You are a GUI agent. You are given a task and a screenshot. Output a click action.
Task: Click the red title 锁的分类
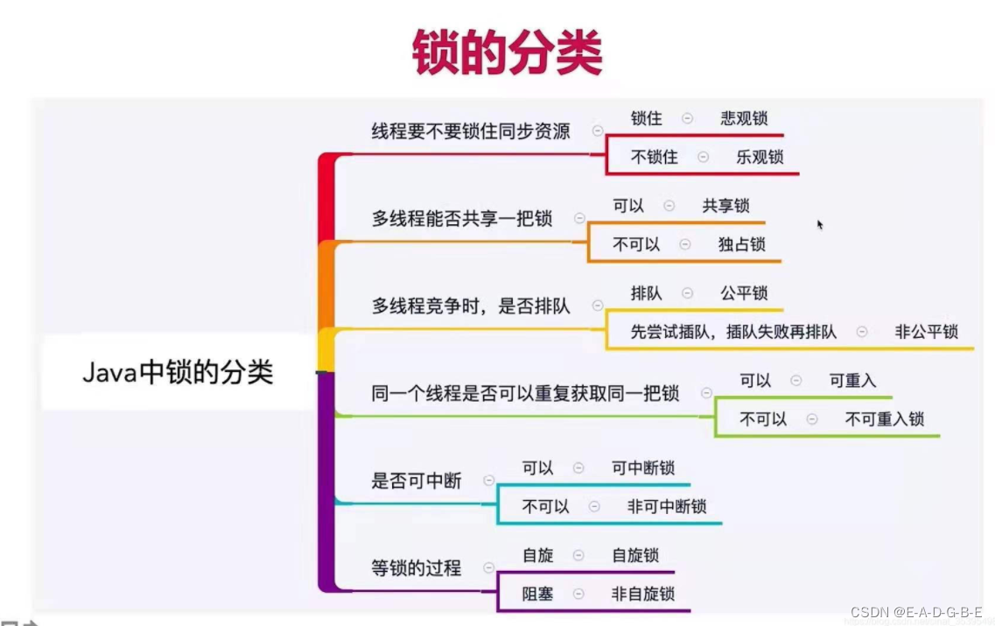[x=507, y=53]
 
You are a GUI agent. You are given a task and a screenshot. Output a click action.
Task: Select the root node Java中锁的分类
[x=178, y=372]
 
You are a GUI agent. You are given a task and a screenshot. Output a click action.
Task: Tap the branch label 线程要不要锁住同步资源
[x=471, y=131]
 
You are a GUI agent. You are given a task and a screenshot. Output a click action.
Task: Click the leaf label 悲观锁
[x=744, y=118]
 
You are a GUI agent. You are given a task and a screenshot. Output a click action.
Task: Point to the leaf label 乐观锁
[x=760, y=158]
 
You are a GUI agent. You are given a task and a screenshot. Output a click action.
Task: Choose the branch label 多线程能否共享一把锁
[x=462, y=218]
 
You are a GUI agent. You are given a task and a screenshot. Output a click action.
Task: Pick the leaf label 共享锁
[x=725, y=206]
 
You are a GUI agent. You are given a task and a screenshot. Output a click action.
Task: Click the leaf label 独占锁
[x=741, y=244]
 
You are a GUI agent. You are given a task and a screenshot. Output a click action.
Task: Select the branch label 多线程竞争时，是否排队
[x=471, y=306]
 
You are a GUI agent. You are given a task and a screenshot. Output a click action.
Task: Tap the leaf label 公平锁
[x=744, y=293]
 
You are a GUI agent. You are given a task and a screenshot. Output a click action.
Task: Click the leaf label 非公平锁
[x=926, y=332]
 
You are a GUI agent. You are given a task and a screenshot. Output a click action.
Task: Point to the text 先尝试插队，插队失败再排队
[x=733, y=332]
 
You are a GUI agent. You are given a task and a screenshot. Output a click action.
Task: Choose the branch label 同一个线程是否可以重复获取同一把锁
[x=525, y=393]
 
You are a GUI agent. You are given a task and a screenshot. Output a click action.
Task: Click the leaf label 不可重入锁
[x=884, y=419]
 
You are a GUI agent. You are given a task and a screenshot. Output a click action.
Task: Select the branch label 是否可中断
[x=417, y=481]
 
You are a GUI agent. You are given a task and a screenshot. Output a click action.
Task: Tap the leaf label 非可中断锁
[x=667, y=507]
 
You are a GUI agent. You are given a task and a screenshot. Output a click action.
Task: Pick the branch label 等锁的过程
[x=417, y=568]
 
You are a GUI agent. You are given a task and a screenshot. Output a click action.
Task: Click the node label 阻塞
[x=538, y=594]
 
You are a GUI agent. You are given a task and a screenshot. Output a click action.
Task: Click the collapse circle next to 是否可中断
[x=488, y=481]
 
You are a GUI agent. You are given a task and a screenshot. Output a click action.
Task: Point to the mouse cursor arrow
[x=820, y=224]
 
